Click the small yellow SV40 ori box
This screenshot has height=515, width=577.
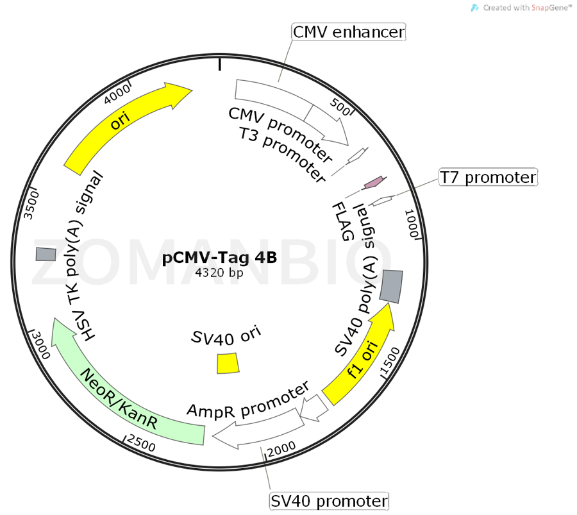(x=227, y=363)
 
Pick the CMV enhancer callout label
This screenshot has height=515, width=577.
(x=349, y=31)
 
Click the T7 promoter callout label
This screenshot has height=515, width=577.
(x=488, y=177)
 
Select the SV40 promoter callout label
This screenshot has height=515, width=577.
(x=329, y=501)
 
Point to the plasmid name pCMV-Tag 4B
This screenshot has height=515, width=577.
(x=219, y=258)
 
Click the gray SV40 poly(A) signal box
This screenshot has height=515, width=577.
(x=391, y=286)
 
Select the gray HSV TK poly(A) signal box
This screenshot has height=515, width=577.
(x=46, y=254)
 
